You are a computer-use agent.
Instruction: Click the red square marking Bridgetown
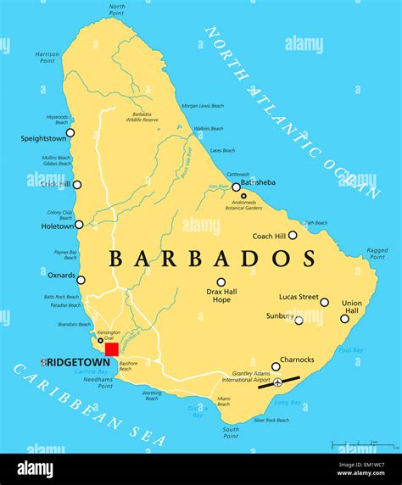point(111,349)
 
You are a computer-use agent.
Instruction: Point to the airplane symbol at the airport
point(277,383)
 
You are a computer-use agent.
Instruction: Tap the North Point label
point(117,9)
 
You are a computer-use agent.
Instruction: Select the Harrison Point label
point(47,58)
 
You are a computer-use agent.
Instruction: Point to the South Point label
point(230,432)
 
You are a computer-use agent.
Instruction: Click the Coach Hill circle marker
point(293,236)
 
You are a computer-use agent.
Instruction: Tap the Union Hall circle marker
point(344,319)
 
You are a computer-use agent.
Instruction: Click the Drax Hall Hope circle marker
point(221,282)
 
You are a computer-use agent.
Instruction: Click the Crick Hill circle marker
point(77,185)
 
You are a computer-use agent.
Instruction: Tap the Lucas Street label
point(299,297)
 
